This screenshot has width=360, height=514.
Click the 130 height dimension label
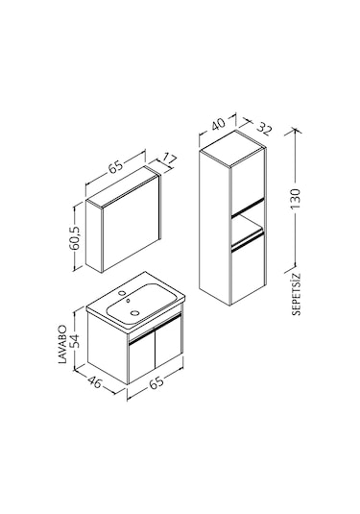click(x=295, y=199)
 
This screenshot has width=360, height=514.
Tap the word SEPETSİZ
click(x=296, y=294)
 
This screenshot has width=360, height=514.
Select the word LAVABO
click(x=62, y=344)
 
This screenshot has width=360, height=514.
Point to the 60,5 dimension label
click(x=74, y=238)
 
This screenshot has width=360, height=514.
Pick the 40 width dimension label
click(x=218, y=124)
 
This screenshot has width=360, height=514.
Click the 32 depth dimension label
click(x=264, y=128)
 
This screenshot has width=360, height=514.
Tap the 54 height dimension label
click(x=74, y=341)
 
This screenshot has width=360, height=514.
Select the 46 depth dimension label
click(x=95, y=381)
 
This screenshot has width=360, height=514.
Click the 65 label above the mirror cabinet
click(x=115, y=166)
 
